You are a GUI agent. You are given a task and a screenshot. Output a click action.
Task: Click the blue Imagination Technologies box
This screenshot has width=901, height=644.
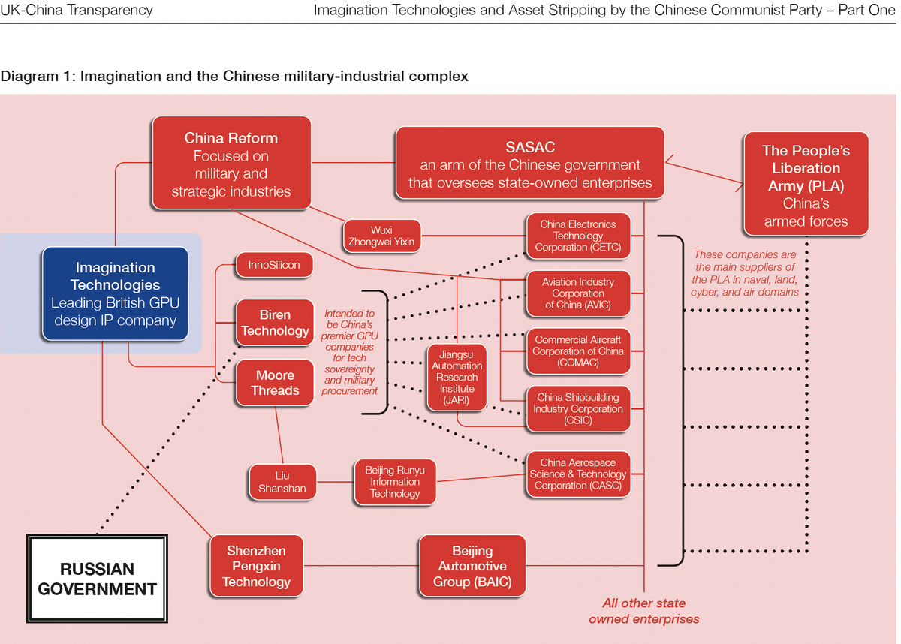115,294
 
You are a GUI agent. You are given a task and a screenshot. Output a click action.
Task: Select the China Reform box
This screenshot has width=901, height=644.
231,164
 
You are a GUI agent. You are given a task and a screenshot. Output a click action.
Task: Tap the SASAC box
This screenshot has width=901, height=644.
530,164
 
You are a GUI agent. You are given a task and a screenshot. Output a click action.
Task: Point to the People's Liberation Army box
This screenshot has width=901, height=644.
806,185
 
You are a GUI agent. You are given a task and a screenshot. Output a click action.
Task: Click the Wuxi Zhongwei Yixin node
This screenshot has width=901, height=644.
381,236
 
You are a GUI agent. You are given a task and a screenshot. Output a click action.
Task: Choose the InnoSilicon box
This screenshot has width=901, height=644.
274,266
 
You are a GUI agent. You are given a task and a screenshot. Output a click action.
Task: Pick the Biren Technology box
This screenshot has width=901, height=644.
275,323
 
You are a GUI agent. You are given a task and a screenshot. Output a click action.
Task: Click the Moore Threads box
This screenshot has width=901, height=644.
275,383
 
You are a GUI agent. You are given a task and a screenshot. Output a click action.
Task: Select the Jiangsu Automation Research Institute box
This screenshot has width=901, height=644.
457,377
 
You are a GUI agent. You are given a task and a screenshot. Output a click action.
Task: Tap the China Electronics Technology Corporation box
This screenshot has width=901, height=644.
577,236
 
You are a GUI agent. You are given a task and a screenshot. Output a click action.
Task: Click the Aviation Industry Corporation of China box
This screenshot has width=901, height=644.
577,293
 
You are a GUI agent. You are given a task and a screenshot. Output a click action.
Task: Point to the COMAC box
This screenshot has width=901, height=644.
577,351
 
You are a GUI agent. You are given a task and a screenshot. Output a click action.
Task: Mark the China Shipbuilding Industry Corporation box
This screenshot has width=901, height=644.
577,409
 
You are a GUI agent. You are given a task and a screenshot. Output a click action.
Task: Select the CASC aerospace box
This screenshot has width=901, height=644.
577,474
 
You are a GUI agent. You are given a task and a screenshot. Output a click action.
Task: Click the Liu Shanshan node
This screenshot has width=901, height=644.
282,482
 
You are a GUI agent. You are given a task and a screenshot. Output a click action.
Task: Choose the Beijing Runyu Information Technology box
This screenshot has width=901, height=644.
395,482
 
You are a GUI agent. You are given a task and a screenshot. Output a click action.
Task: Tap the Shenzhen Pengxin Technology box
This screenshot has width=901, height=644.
256,566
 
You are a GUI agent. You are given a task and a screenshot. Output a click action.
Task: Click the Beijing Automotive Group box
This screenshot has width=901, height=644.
472,566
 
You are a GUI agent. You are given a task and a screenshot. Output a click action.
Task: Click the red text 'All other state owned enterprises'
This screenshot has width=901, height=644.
643,611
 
